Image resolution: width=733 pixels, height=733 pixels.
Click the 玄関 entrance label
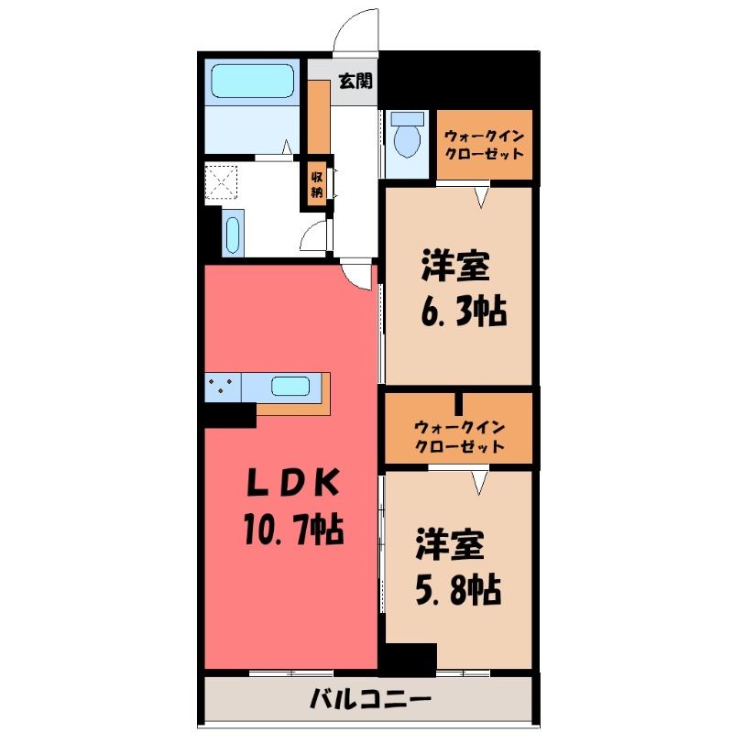coord(356,81)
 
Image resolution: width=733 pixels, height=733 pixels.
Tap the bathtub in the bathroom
coord(253,81)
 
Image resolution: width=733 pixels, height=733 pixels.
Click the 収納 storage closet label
coord(316,185)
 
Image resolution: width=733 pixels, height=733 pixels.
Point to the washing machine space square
coord(222,181)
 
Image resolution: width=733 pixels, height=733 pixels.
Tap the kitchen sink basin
coord(290,387)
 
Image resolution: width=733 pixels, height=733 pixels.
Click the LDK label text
coord(292,483)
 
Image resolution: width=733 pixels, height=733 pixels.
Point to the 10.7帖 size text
coord(293,530)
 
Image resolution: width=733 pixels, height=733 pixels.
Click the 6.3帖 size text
coord(464,311)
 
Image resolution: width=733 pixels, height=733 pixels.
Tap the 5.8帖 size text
coord(458,589)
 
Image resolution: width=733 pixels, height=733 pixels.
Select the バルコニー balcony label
coord(370,700)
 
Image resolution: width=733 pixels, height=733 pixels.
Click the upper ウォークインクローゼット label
coord(484,145)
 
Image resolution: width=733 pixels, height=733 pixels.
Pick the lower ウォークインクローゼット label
coord(460,437)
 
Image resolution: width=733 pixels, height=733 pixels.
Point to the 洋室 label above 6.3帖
coord(455,266)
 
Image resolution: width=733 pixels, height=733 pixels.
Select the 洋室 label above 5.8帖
coord(449,544)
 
